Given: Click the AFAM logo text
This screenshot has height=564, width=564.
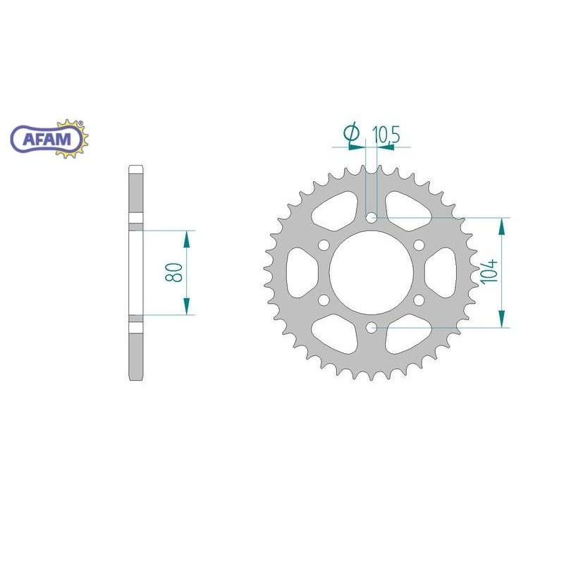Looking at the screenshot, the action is (47, 139).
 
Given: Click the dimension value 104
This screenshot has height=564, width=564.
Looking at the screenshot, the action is (490, 271).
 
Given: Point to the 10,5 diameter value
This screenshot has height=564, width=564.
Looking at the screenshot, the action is (386, 135).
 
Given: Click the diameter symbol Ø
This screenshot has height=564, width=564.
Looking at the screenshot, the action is (351, 133).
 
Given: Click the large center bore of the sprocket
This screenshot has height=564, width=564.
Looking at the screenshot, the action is (372, 273).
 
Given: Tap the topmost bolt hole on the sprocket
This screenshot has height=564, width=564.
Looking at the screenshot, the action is (372, 218).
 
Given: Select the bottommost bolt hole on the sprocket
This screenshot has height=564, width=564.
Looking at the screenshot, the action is (372, 327).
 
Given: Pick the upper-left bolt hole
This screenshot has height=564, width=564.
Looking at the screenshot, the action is (324, 245).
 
